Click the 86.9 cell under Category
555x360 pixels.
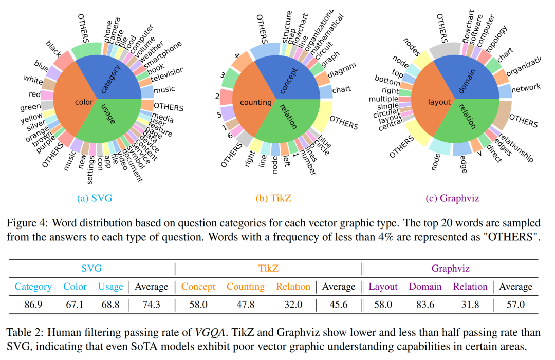[x=33, y=305]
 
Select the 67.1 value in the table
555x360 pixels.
[x=75, y=305]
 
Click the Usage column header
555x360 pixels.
[x=110, y=287]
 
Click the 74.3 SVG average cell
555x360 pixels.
[x=151, y=305]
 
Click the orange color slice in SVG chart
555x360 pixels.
[x=77, y=100]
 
